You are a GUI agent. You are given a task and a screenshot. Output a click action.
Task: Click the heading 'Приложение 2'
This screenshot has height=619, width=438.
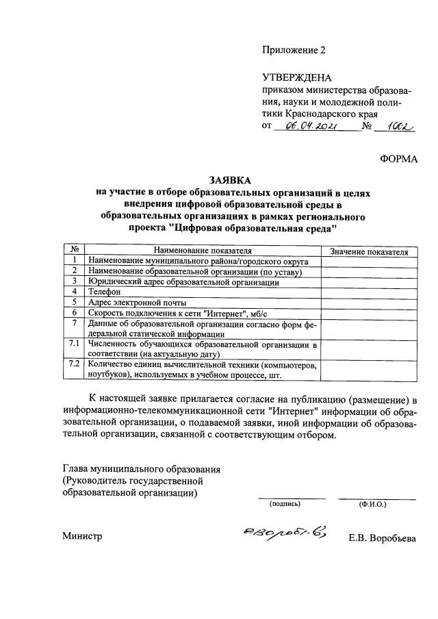tap(294, 50)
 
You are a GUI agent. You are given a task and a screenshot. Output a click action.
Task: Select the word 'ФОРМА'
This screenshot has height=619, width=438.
tap(398, 159)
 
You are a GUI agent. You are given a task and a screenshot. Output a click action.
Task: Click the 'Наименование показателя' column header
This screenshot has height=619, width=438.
tap(203, 251)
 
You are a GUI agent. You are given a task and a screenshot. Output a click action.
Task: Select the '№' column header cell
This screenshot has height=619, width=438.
tap(73, 251)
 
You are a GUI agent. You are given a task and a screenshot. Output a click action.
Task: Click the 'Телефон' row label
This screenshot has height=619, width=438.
tap(103, 292)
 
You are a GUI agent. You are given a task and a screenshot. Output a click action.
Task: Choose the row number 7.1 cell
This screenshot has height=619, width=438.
tap(73, 343)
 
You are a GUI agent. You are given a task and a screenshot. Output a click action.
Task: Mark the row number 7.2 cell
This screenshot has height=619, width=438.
tap(73, 364)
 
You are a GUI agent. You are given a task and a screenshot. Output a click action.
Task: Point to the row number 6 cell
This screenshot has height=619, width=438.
tap(73, 312)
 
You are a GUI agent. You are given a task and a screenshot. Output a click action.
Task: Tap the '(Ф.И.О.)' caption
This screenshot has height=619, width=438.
tap(372, 504)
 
